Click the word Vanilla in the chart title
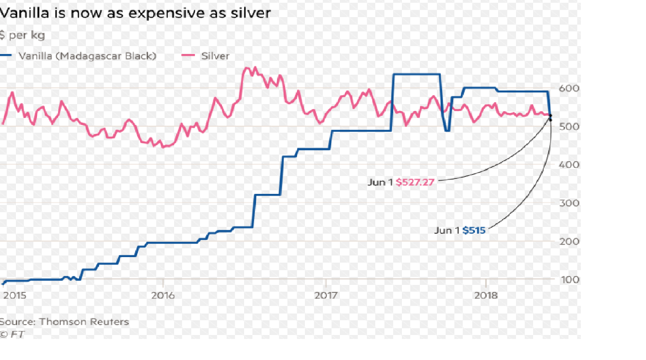point(25,13)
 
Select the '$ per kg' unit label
point(23,35)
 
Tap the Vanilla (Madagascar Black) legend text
point(87,56)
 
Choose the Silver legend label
point(215,56)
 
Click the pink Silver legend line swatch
point(188,56)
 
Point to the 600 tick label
point(569,88)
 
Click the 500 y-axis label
point(569,127)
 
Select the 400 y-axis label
point(569,165)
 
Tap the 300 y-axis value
point(569,203)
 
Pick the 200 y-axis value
point(569,241)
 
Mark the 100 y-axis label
point(570,280)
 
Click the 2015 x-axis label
point(15,296)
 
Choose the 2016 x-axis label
point(163,296)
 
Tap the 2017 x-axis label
point(326,296)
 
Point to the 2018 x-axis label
point(486,296)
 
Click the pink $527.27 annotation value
point(415,182)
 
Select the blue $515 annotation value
point(473,230)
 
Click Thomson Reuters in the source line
point(84,322)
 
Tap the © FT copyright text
point(12,334)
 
